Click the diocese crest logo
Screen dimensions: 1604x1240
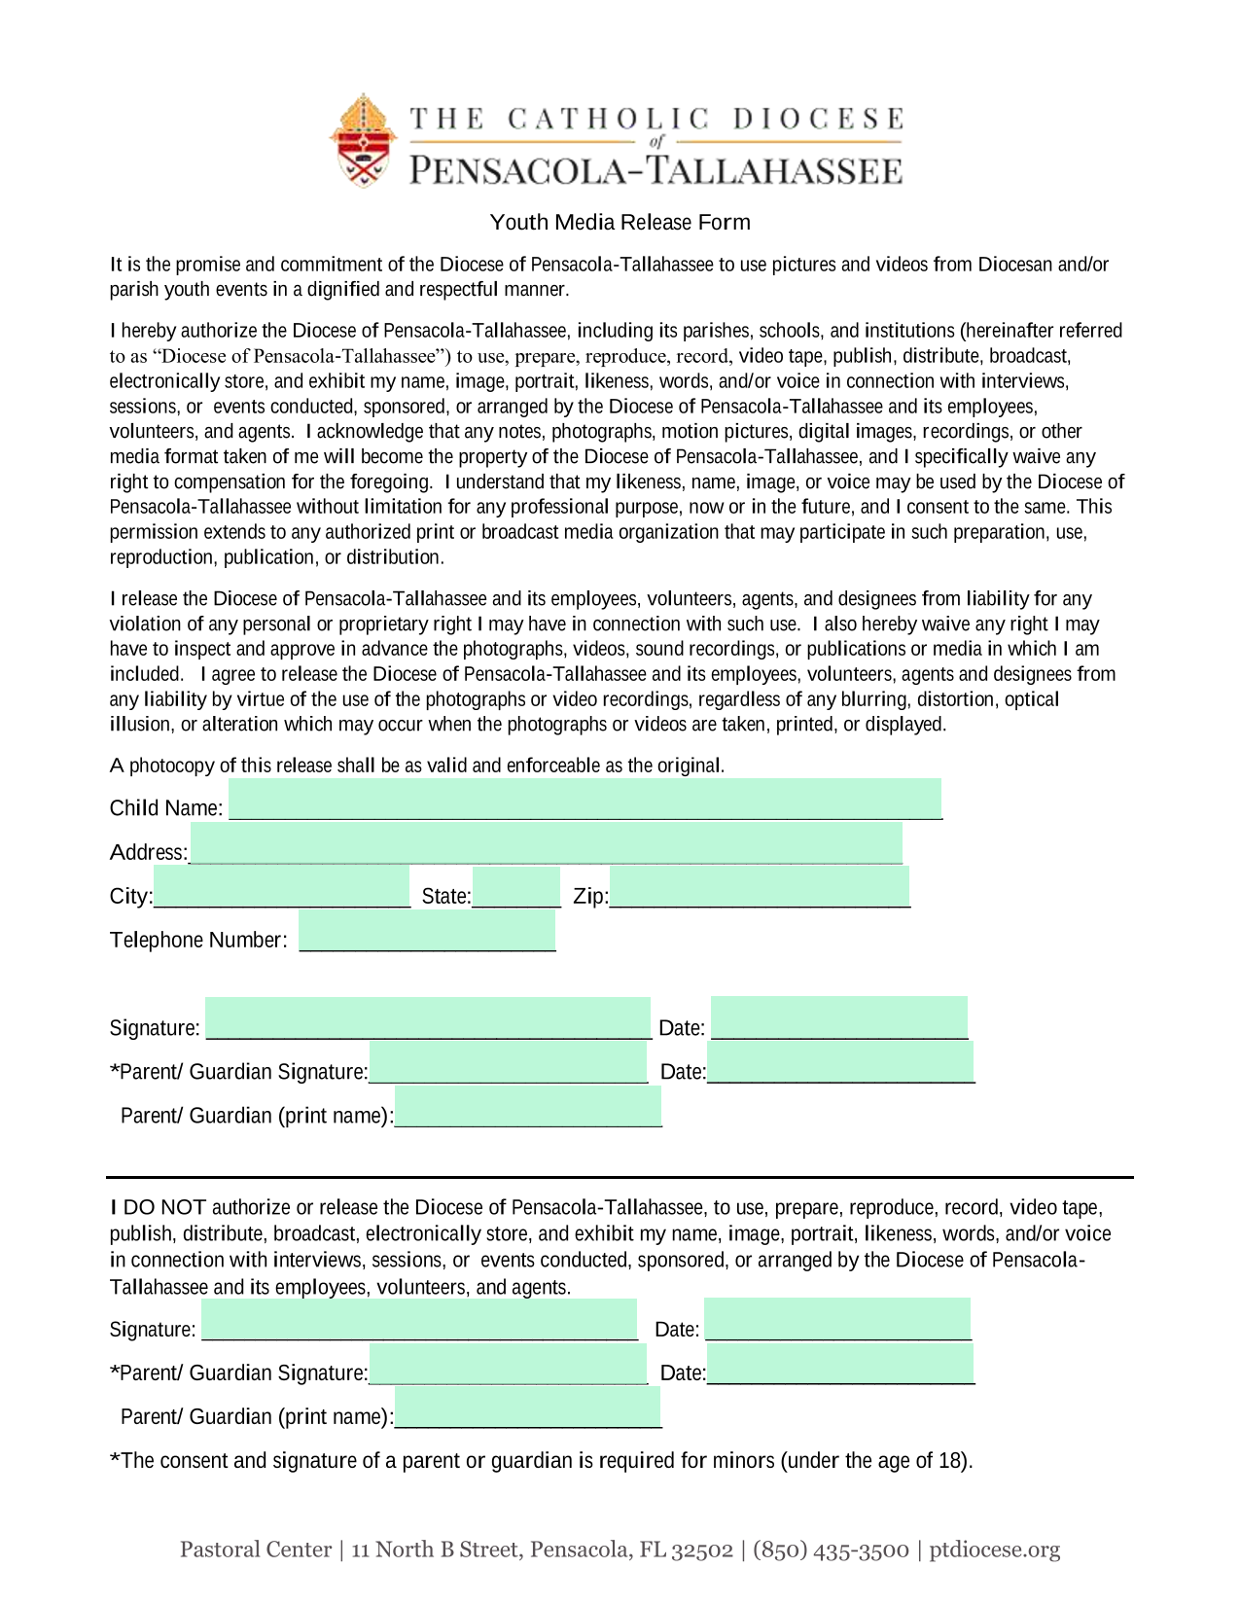click(x=363, y=142)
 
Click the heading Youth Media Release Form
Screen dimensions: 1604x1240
click(x=620, y=222)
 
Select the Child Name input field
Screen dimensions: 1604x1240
click(x=585, y=799)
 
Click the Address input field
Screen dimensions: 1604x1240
click(x=546, y=842)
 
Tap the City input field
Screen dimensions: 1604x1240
click(x=282, y=887)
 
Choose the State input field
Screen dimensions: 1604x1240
click(x=515, y=887)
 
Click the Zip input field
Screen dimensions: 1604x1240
click(x=759, y=887)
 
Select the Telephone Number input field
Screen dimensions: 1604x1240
click(x=427, y=931)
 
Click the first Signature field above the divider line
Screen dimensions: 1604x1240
click(x=428, y=1018)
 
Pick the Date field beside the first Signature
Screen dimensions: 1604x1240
click(x=838, y=1018)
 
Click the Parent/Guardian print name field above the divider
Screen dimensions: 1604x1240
click(x=528, y=1107)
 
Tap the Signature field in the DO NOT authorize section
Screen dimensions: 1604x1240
click(x=419, y=1320)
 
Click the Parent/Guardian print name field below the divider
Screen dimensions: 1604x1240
click(x=528, y=1408)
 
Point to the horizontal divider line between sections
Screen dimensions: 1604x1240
click(x=620, y=1177)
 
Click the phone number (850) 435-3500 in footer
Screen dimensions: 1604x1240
click(x=831, y=1550)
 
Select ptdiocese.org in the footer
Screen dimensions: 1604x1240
click(x=994, y=1550)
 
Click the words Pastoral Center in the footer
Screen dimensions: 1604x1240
click(x=256, y=1550)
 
